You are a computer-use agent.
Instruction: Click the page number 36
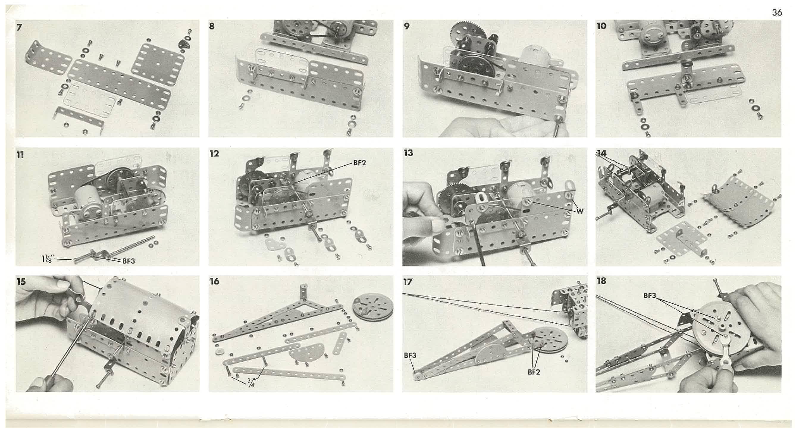[x=777, y=12]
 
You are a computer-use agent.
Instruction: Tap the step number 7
[x=19, y=27]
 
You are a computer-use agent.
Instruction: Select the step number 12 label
[x=214, y=154]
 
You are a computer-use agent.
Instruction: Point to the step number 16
[x=214, y=281]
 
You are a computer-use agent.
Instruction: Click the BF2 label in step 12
[x=360, y=163]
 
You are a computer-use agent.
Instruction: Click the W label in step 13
[x=580, y=211]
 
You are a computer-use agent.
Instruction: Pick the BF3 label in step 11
[x=129, y=261]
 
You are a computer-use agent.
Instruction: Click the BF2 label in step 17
[x=534, y=372]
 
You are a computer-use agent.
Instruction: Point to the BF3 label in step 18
[x=650, y=296]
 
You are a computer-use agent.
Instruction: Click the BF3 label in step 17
[x=410, y=355]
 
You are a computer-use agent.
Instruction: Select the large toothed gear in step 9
[x=464, y=32]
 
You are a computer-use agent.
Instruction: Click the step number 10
[x=601, y=26]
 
